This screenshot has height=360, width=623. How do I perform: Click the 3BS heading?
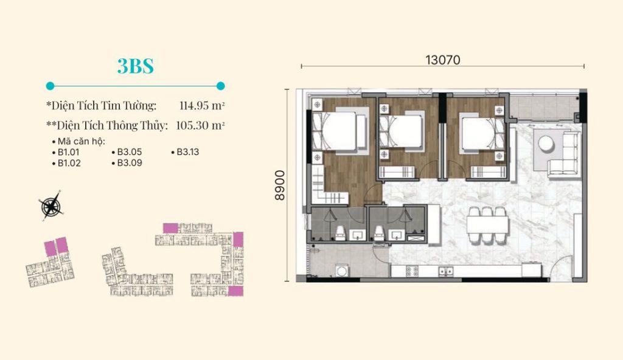(x=135, y=66)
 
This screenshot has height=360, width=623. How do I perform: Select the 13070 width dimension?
(x=443, y=60)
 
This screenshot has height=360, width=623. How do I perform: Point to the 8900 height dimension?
(x=280, y=185)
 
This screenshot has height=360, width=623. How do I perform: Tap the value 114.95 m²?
(x=202, y=106)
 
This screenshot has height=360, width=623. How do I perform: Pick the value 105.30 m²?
(x=200, y=125)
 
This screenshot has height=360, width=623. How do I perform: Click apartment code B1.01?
(x=68, y=152)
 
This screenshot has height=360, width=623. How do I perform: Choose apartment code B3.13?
(x=187, y=152)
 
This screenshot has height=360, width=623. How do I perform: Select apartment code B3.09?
(x=130, y=163)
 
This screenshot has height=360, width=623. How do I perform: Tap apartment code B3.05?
(x=130, y=152)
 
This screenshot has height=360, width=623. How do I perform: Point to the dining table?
(x=487, y=224)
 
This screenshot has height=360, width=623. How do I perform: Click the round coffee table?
(x=546, y=144)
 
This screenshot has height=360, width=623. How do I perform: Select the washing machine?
(x=342, y=271)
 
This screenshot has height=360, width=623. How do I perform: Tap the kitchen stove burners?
(x=412, y=271)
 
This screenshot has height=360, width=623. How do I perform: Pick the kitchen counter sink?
(x=446, y=271)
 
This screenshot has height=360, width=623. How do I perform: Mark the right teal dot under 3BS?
(x=220, y=86)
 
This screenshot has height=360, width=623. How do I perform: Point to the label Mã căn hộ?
(x=82, y=142)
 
